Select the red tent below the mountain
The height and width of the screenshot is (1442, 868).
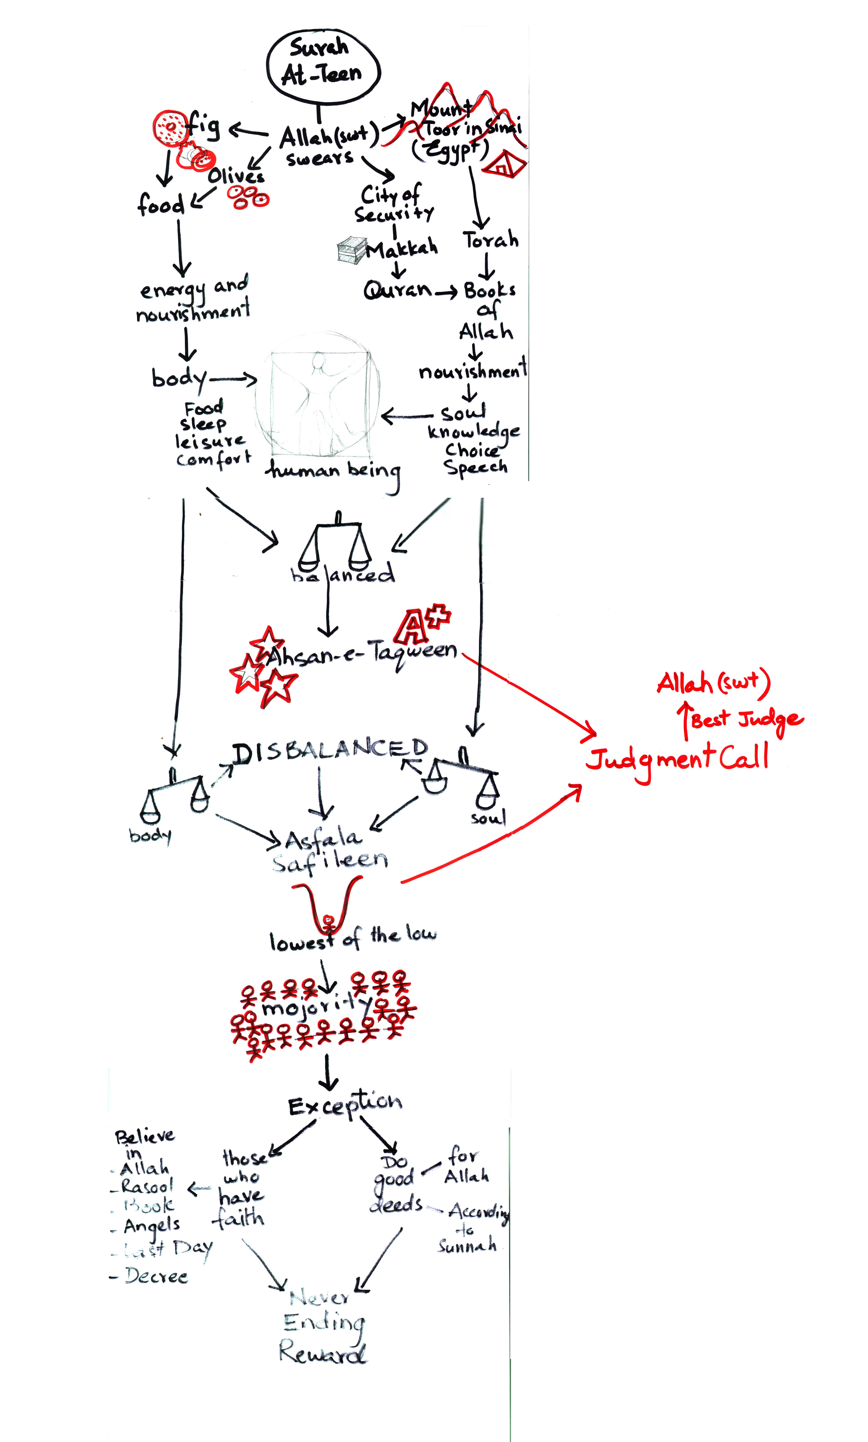pyautogui.click(x=504, y=164)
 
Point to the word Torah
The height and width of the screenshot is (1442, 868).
pyautogui.click(x=490, y=240)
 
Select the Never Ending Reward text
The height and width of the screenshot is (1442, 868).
pyautogui.click(x=323, y=1325)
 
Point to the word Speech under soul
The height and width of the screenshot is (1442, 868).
pyautogui.click(x=475, y=467)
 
